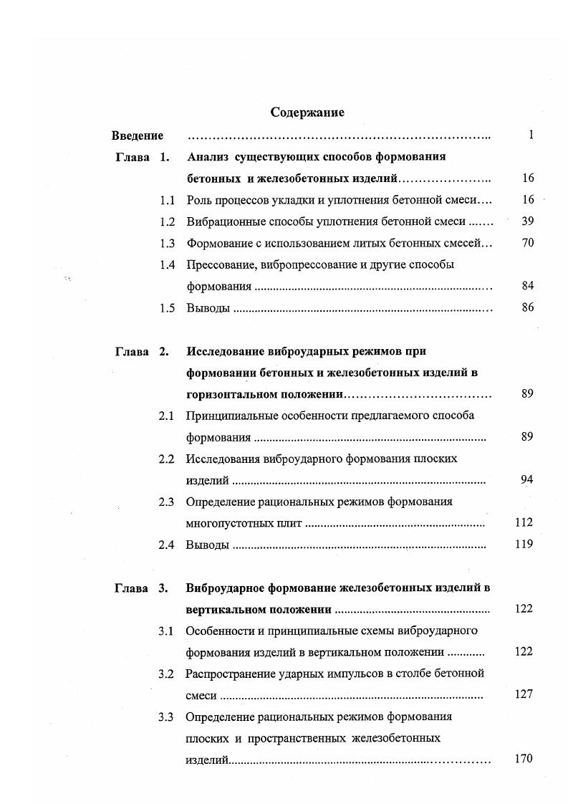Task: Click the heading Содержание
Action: pos(307,113)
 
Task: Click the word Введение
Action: pos(138,135)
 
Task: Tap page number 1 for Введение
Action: pos(531,135)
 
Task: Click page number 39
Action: pos(528,221)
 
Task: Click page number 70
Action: pos(528,243)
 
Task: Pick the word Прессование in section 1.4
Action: pos(218,264)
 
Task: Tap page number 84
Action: pos(528,286)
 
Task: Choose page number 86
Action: pos(528,308)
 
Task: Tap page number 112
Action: pos(524,522)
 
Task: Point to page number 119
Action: pos(524,544)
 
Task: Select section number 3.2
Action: pos(167,674)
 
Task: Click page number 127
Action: pos(524,694)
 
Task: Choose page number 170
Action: pos(524,759)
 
